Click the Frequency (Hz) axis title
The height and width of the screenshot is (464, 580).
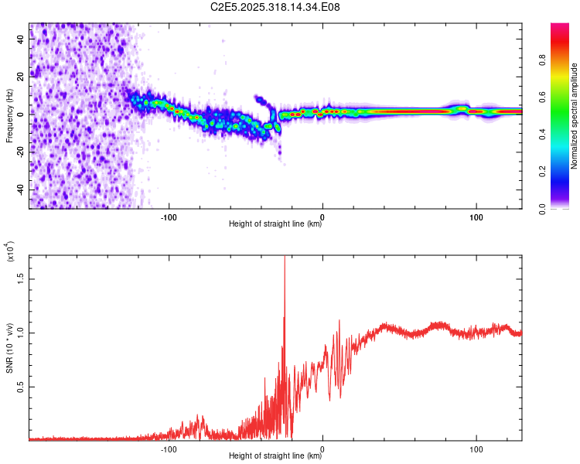(x=9, y=116)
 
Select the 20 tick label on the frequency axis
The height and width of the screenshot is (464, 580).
(x=20, y=77)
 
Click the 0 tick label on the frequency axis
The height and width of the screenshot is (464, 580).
(x=20, y=114)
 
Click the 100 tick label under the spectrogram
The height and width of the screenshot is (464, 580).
(x=476, y=216)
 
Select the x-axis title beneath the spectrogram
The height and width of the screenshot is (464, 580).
(x=275, y=225)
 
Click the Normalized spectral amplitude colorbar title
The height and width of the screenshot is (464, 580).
(x=574, y=116)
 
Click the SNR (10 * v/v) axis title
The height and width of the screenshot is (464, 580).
(x=9, y=346)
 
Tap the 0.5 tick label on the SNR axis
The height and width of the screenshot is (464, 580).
(x=20, y=387)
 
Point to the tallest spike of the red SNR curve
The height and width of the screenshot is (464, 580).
(x=285, y=259)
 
